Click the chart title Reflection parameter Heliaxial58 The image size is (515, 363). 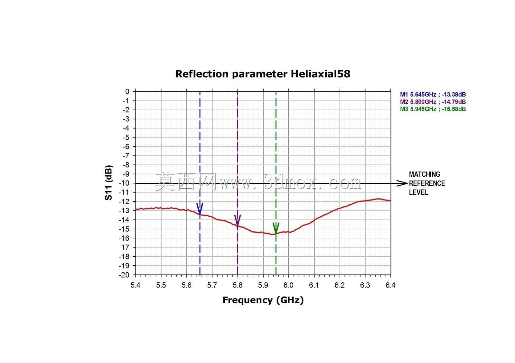263,74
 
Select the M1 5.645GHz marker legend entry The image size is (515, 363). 433,94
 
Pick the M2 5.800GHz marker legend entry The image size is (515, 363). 433,102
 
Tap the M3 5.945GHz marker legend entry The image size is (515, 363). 433,109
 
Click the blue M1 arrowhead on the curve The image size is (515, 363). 200,209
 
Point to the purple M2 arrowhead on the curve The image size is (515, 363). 238,220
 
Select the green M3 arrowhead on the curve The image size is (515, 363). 276,228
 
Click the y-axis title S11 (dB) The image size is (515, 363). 108,183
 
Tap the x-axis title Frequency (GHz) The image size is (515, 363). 263,300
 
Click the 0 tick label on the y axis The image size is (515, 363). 127,92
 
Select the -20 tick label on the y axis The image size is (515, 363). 124,275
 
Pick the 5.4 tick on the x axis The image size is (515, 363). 136,285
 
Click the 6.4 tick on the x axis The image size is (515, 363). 390,285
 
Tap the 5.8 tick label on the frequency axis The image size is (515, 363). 238,285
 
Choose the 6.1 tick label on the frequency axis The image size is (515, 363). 314,285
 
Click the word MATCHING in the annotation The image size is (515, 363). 425,174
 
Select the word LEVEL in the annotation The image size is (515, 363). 419,192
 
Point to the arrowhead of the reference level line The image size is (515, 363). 402,183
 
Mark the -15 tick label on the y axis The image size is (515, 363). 124,229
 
